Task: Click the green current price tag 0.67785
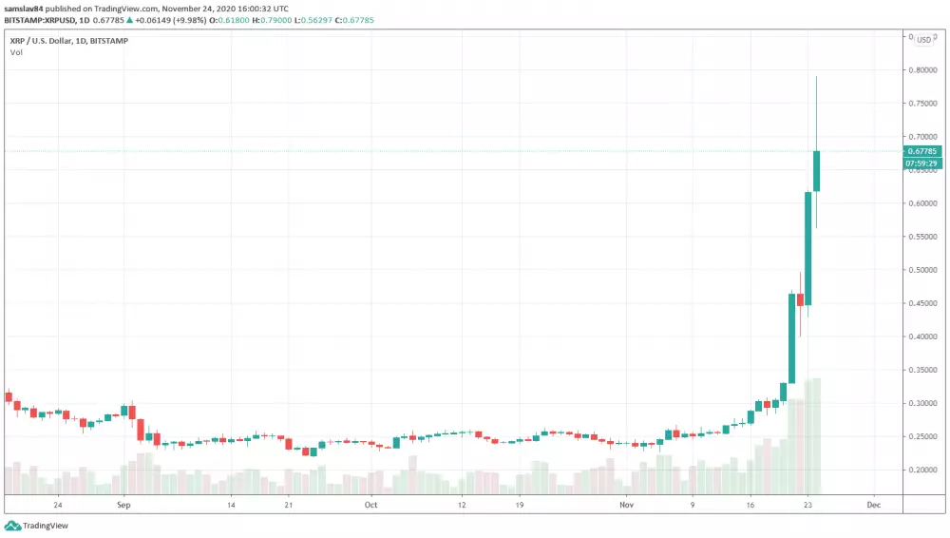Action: point(922,151)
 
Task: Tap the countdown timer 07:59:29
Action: point(922,163)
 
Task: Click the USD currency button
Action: point(923,40)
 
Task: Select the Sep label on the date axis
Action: point(122,505)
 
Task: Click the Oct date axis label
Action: point(370,505)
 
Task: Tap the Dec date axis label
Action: point(874,505)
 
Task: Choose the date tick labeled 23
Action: point(807,505)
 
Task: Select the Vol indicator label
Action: point(16,52)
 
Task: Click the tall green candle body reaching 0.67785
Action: point(817,171)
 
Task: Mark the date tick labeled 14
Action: point(231,505)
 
